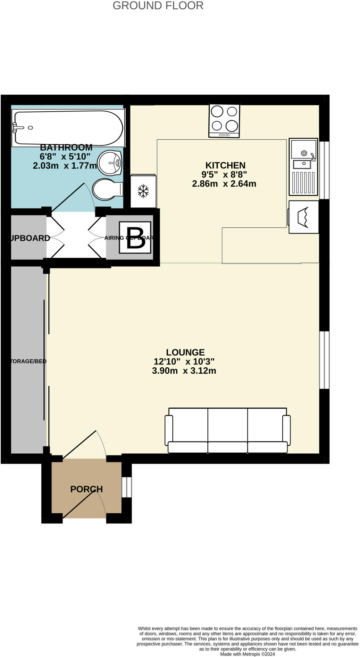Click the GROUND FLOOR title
[158, 5]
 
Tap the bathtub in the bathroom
[68, 128]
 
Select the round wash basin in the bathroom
[110, 163]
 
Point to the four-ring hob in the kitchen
[224, 121]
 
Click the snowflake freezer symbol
[143, 191]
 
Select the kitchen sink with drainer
[303, 167]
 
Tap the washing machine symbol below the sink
[303, 217]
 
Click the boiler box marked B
[135, 238]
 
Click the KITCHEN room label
[225, 165]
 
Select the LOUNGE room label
[185, 352]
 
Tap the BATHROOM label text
[66, 148]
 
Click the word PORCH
[86, 489]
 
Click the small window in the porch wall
[127, 487]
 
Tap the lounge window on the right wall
[324, 360]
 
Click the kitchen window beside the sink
[324, 170]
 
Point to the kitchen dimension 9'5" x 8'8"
[224, 175]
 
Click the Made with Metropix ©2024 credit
[247, 654]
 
